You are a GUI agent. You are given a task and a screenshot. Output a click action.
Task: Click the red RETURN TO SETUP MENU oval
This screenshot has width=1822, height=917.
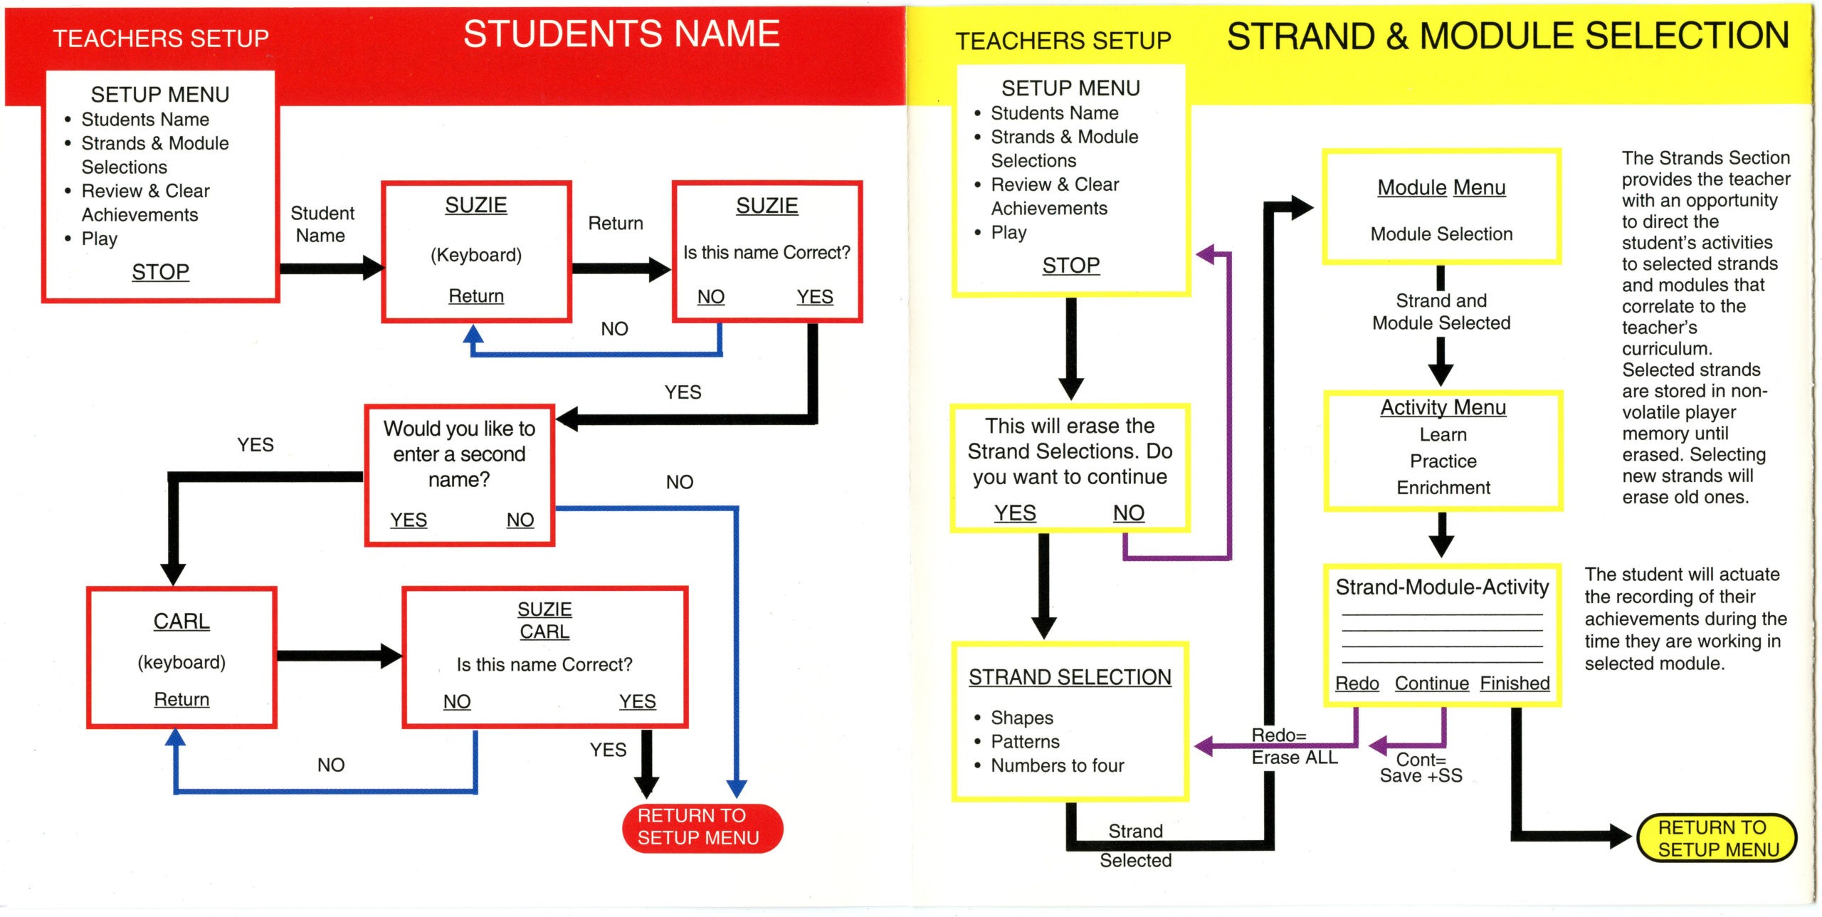702,827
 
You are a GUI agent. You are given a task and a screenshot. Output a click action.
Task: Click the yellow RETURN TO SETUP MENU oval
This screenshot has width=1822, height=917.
1717,838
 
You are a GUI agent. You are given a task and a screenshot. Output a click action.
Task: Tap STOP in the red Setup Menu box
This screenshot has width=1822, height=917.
160,272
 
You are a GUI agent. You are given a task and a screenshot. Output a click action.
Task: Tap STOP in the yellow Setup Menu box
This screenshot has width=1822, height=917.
1070,266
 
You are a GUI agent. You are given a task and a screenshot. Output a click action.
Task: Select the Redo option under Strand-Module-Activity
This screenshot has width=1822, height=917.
1357,683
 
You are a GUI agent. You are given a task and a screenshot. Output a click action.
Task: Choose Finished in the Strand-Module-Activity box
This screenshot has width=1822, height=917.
1515,683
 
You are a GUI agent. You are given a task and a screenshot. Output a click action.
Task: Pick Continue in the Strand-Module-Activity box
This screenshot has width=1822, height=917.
1431,683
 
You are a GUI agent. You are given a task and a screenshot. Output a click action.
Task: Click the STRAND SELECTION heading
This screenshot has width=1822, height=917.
1070,677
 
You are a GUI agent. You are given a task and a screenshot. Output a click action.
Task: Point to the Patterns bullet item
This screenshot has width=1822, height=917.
1025,742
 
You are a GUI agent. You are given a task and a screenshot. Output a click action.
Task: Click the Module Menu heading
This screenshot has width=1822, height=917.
1441,187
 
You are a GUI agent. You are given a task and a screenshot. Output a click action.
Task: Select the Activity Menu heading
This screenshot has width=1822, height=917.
1443,407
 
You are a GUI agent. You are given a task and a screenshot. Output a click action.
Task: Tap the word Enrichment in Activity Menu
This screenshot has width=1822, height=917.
1443,488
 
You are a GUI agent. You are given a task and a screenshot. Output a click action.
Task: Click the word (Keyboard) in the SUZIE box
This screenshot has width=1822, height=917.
476,255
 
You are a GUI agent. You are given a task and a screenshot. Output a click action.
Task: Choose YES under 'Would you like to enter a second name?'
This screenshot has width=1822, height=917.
409,520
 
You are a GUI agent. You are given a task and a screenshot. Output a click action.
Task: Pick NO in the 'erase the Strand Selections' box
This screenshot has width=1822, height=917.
1129,513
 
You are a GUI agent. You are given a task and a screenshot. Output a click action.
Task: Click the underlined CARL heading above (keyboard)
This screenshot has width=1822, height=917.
181,622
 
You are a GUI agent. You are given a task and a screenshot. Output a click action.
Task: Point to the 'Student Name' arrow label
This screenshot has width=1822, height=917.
322,224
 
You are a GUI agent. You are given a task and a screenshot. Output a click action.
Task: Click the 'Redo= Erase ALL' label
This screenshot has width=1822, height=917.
1295,746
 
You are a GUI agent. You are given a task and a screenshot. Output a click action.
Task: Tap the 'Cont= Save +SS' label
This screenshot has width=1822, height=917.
1421,767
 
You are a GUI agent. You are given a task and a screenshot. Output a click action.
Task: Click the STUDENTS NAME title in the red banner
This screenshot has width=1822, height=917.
621,34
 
